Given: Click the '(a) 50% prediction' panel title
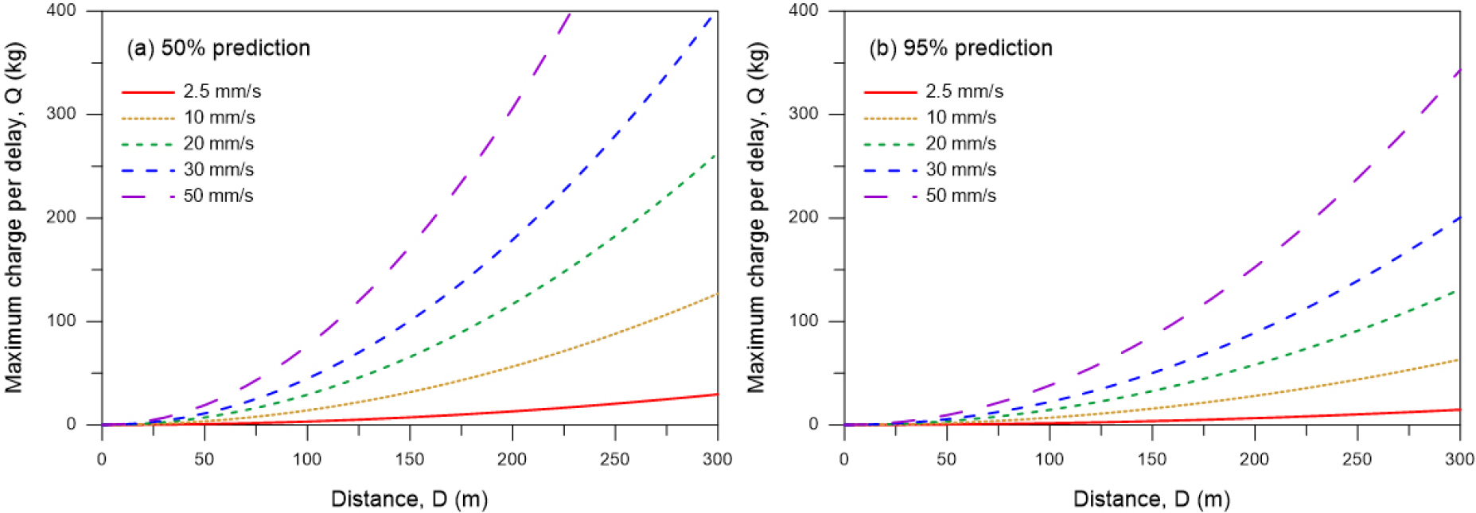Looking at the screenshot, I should click(x=218, y=49).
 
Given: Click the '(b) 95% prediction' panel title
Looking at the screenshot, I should click(x=960, y=49).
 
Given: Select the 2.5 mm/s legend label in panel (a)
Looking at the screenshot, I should click(x=222, y=91).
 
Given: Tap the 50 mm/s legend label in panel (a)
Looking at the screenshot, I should click(x=218, y=196).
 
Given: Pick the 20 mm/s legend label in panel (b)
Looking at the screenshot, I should click(x=960, y=143).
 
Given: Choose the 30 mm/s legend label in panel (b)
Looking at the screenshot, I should click(x=960, y=169).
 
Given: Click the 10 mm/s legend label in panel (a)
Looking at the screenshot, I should click(x=219, y=118).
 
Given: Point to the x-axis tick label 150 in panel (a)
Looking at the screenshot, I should click(x=410, y=459).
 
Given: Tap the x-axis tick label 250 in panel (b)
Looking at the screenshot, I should click(x=1357, y=459).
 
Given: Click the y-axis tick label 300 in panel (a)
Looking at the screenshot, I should click(x=61, y=114).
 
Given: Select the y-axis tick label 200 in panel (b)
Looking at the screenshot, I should click(x=803, y=217).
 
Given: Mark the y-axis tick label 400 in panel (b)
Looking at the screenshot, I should click(x=803, y=10).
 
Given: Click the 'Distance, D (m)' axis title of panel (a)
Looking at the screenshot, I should click(x=409, y=499).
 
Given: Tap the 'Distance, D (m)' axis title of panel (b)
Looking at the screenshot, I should click(x=1151, y=499).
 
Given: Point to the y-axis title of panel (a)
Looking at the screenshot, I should click(x=14, y=217).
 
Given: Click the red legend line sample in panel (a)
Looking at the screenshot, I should click(x=148, y=92).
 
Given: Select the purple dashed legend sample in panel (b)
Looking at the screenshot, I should click(x=890, y=196).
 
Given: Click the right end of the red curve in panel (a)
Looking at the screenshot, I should click(x=716, y=394).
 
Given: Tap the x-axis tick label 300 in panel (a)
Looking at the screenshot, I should click(x=718, y=459).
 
